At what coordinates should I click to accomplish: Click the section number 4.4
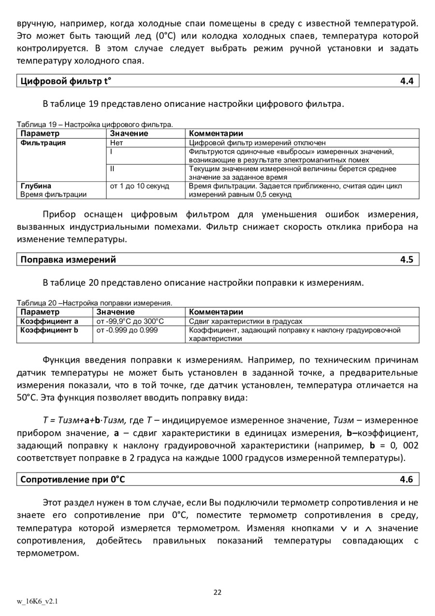click(x=406, y=81)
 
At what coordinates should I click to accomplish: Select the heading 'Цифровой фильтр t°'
click(x=65, y=81)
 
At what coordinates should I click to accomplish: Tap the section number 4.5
click(x=406, y=260)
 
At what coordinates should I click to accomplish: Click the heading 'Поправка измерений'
click(x=68, y=260)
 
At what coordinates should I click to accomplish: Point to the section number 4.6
click(x=406, y=480)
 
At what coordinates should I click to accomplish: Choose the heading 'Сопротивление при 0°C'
click(x=72, y=480)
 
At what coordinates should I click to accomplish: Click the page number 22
click(x=217, y=592)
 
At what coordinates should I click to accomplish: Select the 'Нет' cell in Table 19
click(x=116, y=143)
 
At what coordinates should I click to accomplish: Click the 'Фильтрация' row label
click(x=43, y=143)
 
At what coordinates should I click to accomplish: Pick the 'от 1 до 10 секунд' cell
click(x=140, y=186)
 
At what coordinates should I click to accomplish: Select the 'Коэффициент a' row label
click(x=49, y=322)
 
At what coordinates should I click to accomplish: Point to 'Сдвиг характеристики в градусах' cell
click(x=246, y=322)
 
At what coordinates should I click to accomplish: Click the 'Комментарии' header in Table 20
click(x=216, y=312)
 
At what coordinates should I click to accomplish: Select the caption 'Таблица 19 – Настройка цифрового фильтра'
click(x=95, y=124)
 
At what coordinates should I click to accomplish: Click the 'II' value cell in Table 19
click(x=112, y=169)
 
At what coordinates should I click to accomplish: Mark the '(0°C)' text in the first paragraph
click(x=170, y=36)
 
